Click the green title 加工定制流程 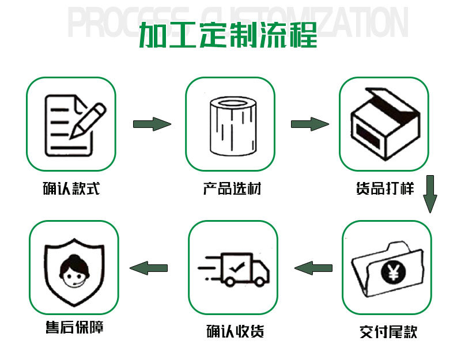[228, 35]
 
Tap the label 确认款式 [71, 188]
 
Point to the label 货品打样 [384, 188]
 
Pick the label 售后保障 [74, 328]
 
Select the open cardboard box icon [383, 124]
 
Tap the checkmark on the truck [237, 267]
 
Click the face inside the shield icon [74, 267]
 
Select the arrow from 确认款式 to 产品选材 [152, 124]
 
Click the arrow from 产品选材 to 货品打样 [309, 124]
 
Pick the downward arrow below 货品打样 [430, 194]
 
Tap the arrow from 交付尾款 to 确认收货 [313, 268]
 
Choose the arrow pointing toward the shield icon [149, 268]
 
